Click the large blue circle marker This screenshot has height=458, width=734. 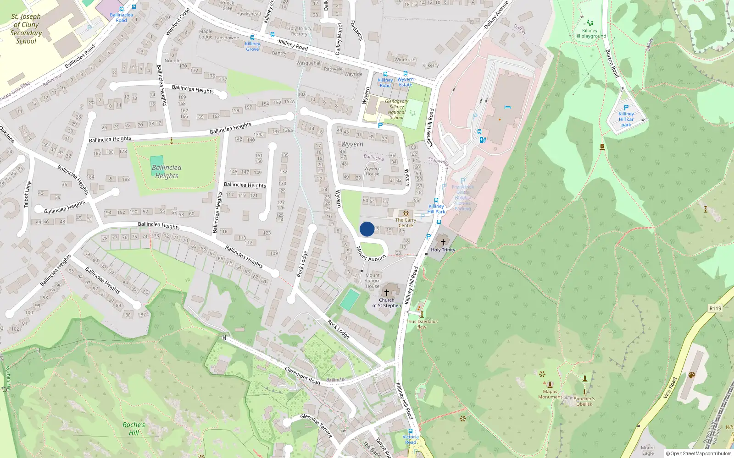pyautogui.click(x=367, y=229)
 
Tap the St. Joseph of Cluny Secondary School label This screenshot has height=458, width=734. pyautogui.click(x=26, y=29)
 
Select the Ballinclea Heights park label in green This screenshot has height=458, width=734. pyautogui.click(x=167, y=172)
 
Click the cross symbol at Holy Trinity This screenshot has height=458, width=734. pyautogui.click(x=443, y=242)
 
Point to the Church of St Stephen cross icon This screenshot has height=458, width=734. pyautogui.click(x=387, y=292)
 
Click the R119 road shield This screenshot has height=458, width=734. pyautogui.click(x=715, y=308)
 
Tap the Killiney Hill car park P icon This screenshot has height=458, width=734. pyautogui.click(x=626, y=108)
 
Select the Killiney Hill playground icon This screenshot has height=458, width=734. pyautogui.click(x=589, y=22)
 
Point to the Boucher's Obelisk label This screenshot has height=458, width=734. pyautogui.click(x=584, y=401)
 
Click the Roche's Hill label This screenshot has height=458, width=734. pyautogui.click(x=133, y=429)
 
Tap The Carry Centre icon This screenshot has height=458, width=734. pyautogui.click(x=406, y=213)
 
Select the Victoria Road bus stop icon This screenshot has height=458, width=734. pyautogui.click(x=411, y=431)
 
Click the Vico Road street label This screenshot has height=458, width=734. pyautogui.click(x=670, y=387)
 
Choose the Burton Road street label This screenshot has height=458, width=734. pyautogui.click(x=612, y=63)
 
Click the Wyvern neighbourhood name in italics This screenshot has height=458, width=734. pyautogui.click(x=352, y=144)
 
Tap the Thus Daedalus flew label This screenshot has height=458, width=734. pyautogui.click(x=422, y=324)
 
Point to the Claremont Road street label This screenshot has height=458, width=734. pyautogui.click(x=302, y=376)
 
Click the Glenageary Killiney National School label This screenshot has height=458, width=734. pyautogui.click(x=396, y=109)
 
